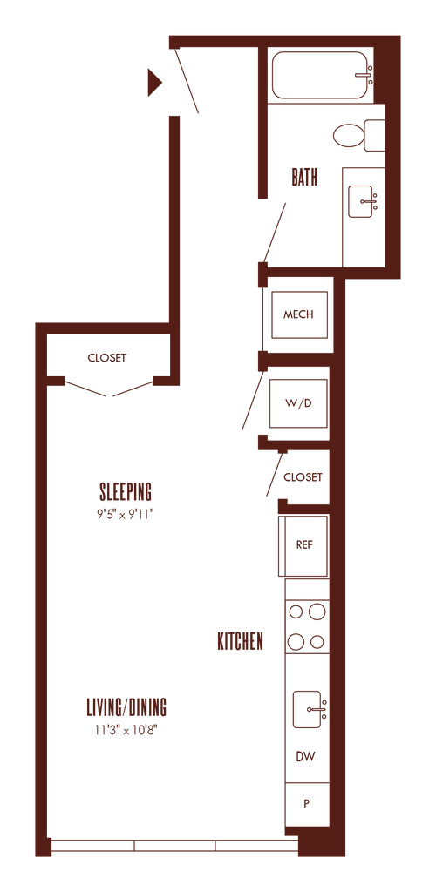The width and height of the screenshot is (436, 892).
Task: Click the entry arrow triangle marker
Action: point(154,83)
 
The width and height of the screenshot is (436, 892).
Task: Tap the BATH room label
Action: point(304,178)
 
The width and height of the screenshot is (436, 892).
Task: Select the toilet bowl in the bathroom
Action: point(348,136)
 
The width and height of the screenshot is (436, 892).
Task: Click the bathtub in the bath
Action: point(320,75)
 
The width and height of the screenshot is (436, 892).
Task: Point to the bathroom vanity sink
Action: point(360,201)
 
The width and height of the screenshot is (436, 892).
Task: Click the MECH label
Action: point(299,314)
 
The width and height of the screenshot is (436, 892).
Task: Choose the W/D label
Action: point(299,403)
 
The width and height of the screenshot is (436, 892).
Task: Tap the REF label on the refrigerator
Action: point(304,544)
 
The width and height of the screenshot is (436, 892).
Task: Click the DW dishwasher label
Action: point(306,757)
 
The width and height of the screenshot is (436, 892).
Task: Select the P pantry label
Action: point(307,804)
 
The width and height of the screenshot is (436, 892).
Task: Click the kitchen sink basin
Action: point(307,709)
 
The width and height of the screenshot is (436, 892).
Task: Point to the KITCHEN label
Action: point(241,642)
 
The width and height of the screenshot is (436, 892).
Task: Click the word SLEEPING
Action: point(126,490)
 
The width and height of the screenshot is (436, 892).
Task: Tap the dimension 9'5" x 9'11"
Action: point(126,514)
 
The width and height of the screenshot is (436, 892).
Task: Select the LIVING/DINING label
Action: point(126,707)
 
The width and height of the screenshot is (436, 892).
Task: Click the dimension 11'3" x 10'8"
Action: point(126,731)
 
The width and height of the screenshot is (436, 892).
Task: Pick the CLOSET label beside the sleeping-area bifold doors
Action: point(107,358)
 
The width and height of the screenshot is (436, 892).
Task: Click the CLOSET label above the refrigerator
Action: point(303,477)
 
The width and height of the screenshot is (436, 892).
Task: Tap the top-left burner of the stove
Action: point(296,612)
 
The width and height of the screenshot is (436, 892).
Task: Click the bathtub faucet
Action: point(364,75)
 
